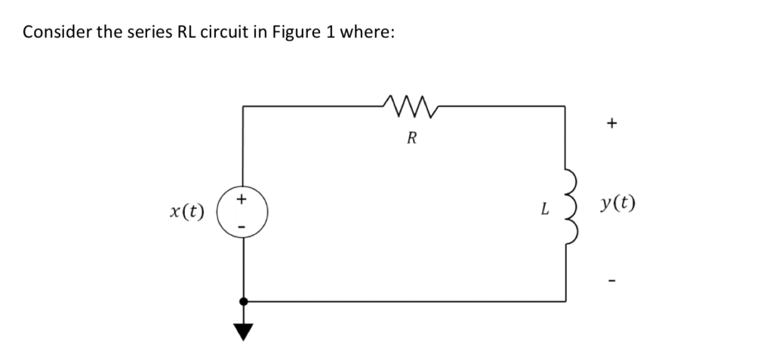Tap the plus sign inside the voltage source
242,200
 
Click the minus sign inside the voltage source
242,224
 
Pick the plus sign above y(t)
613,121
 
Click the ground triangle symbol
243,328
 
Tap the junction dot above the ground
243,301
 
